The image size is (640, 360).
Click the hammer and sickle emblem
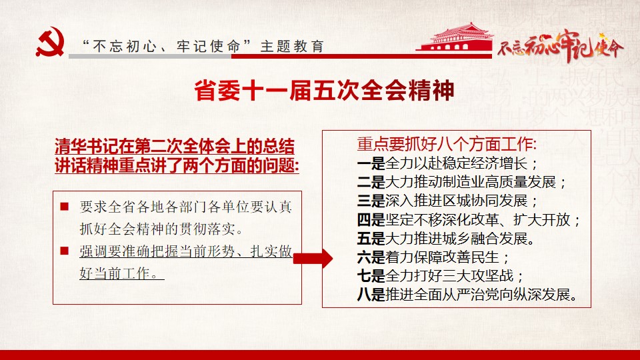(x=50, y=42)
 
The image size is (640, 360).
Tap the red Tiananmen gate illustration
(x=455, y=37)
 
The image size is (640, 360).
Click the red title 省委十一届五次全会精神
(x=324, y=90)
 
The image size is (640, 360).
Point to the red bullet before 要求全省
(x=64, y=207)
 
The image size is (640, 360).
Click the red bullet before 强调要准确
(x=64, y=250)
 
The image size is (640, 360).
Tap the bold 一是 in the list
(x=371, y=164)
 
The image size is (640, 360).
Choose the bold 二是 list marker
(x=371, y=182)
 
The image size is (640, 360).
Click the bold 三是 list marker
(x=371, y=201)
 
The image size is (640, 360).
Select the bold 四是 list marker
(x=371, y=220)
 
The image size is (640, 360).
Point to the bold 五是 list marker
(x=371, y=239)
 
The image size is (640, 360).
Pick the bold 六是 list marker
(x=371, y=257)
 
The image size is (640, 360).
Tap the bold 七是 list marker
(x=371, y=276)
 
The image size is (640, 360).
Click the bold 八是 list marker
(x=371, y=294)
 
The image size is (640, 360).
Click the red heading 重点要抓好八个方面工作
(x=447, y=144)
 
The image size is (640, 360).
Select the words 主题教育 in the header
(x=292, y=47)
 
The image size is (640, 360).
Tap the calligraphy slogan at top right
(x=561, y=46)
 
